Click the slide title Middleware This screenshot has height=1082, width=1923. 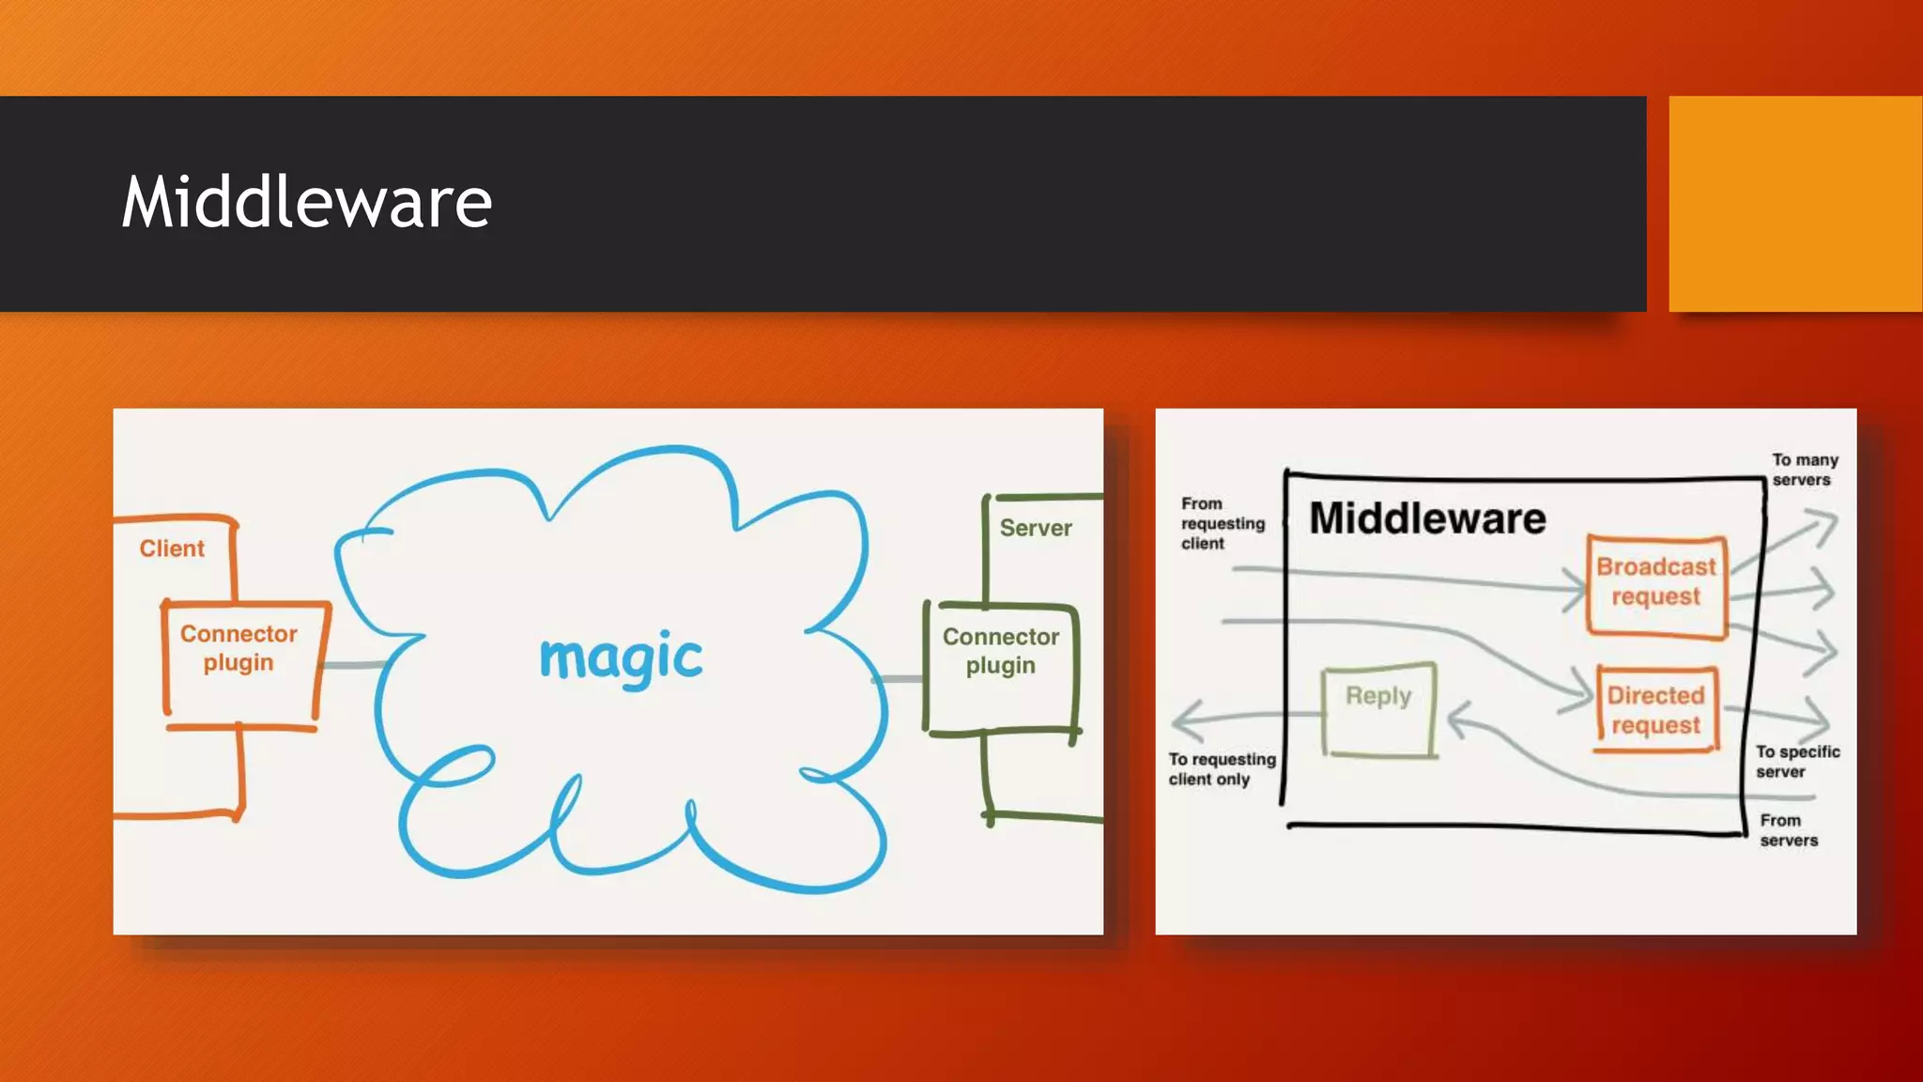click(x=306, y=202)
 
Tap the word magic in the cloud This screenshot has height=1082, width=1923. click(x=621, y=657)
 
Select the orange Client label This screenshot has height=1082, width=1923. click(x=172, y=549)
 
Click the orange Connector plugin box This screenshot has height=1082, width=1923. click(x=239, y=662)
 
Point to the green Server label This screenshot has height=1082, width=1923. click(x=1035, y=528)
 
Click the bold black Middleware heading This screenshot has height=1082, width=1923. click(x=1427, y=518)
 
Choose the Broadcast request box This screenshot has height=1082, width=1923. click(x=1656, y=583)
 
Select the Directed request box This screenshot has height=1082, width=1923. click(x=1656, y=710)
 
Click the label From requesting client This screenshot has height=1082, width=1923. click(x=1222, y=523)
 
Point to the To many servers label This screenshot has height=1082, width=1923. click(x=1804, y=470)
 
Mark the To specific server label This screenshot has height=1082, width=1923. click(x=1797, y=762)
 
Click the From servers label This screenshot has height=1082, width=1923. click(x=1788, y=830)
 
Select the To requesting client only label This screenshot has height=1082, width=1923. click(x=1222, y=769)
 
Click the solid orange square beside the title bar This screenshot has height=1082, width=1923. click(x=1794, y=203)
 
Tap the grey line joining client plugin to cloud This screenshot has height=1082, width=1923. click(x=353, y=665)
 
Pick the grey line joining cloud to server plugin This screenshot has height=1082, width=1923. click(x=900, y=678)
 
